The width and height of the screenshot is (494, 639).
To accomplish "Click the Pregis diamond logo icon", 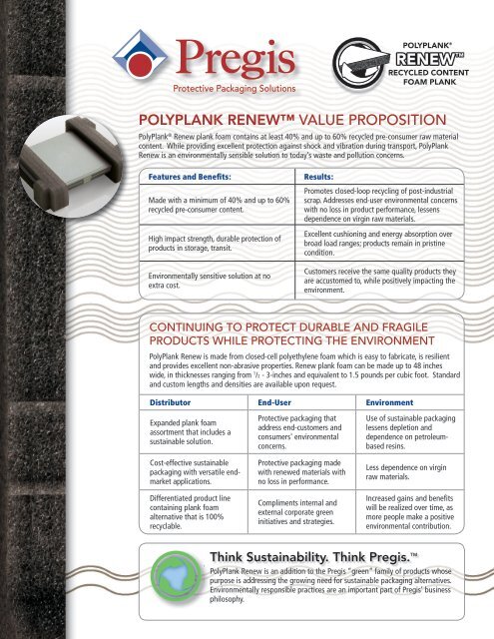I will point(139,56).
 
